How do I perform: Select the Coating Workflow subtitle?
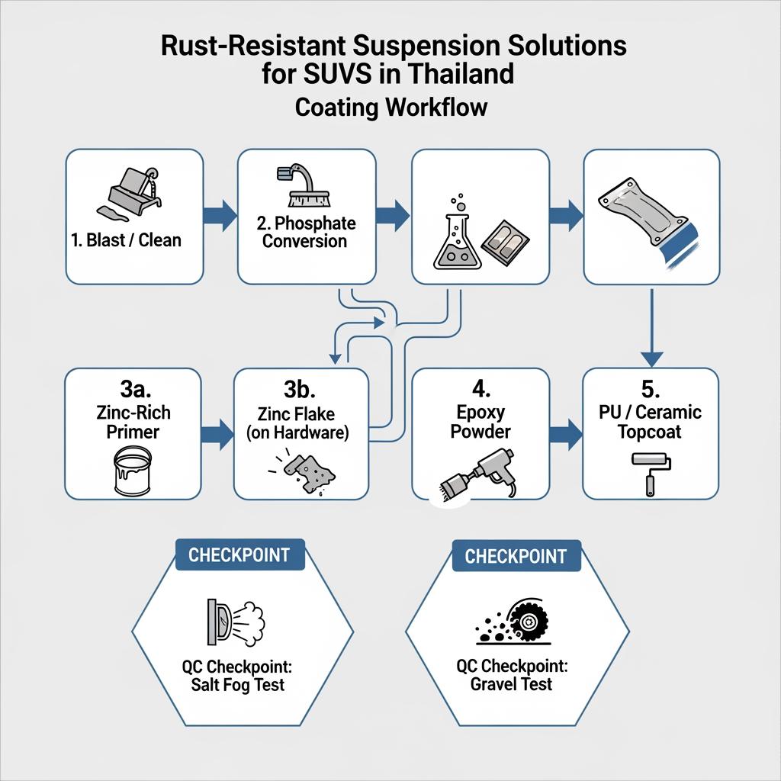pos(390,107)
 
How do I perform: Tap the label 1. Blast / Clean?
pos(127,240)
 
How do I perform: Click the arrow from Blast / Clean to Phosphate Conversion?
pos(220,215)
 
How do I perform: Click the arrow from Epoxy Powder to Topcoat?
pos(565,432)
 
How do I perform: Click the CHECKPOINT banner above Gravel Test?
pos(516,556)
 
